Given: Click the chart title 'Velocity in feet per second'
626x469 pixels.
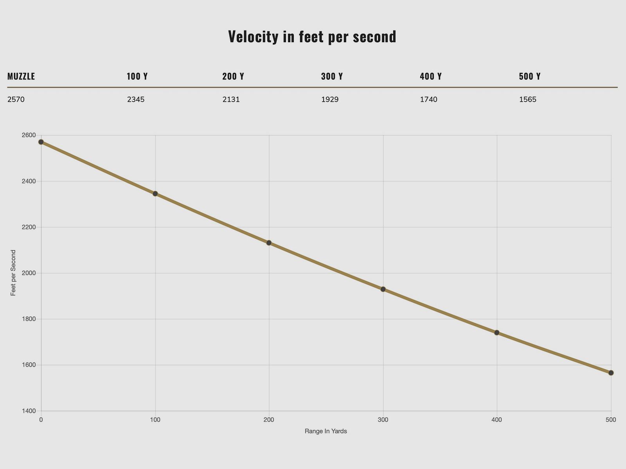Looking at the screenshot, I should click(x=312, y=37).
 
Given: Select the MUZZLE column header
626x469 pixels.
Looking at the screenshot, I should click(x=21, y=77).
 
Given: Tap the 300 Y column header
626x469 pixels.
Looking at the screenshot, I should click(x=332, y=77).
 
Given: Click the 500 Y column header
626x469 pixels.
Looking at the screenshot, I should click(x=530, y=77).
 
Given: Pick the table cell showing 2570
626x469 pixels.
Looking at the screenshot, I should click(x=16, y=100).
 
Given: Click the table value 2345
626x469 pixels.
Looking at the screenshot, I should click(x=136, y=100).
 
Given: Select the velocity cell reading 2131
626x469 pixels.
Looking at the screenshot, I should click(x=231, y=100).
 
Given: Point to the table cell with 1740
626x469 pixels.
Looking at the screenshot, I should click(x=429, y=100).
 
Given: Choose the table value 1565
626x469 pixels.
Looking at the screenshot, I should click(x=528, y=100).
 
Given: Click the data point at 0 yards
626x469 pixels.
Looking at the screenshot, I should click(x=41, y=142).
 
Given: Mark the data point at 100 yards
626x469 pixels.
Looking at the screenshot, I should click(x=155, y=193).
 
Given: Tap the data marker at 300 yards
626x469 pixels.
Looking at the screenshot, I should click(x=383, y=289).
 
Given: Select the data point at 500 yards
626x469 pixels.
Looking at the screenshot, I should click(x=611, y=373).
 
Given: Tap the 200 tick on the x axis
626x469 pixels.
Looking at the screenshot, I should click(x=269, y=420).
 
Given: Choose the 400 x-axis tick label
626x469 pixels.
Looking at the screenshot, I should click(x=497, y=420).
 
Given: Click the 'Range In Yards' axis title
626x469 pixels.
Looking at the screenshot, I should click(x=326, y=431).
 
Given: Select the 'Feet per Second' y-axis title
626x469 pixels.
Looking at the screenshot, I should click(x=13, y=273).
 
